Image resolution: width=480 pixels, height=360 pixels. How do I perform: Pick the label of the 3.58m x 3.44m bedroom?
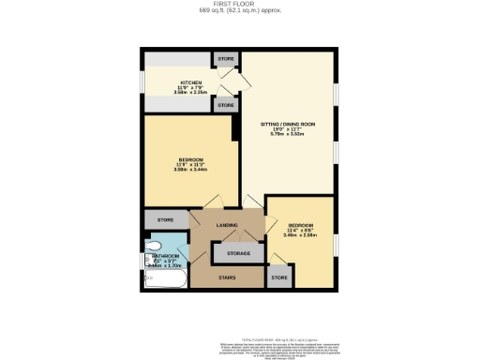point(189,159)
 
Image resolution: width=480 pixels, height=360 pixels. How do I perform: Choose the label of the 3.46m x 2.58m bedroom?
point(300,225)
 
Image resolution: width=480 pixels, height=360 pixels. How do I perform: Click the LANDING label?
point(226,226)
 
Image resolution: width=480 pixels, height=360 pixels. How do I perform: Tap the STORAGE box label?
point(231,253)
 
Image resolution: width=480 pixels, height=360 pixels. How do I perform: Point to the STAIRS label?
point(226,278)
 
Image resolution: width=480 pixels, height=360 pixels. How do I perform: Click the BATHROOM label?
point(167,256)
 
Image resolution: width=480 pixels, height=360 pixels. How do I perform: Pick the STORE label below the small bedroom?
point(278,278)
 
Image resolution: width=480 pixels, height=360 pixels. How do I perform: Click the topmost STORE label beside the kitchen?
point(226,59)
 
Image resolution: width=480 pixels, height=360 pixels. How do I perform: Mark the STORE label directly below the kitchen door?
point(226,107)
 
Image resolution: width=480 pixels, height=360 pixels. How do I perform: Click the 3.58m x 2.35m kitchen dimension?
point(189,93)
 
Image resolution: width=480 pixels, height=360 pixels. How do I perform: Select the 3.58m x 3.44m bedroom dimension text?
point(189,170)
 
